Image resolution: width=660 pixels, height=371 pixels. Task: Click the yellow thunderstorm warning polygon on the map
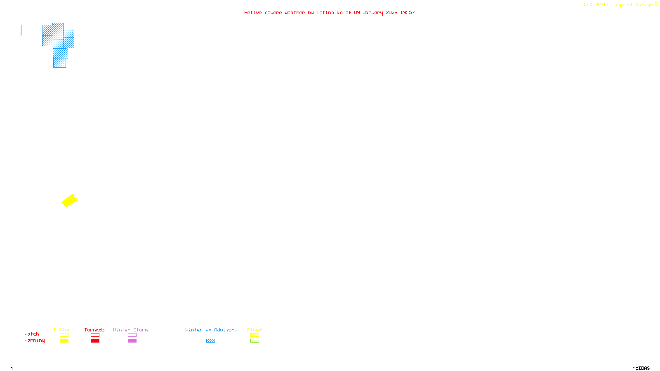point(69,201)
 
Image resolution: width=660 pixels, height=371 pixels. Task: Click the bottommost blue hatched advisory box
point(59,63)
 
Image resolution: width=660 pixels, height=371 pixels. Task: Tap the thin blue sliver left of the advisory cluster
point(21,30)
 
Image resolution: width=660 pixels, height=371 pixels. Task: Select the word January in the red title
point(372,12)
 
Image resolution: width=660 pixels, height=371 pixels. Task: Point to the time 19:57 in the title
point(407,12)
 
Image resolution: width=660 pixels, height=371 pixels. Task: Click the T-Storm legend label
point(64,330)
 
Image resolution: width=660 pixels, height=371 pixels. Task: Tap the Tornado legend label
point(94,330)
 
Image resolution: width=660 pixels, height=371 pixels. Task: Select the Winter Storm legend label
point(130,330)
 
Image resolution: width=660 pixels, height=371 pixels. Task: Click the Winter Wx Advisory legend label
point(211,330)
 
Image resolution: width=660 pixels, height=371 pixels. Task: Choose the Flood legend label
point(255,330)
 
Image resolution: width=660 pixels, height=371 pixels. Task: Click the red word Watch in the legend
point(32,334)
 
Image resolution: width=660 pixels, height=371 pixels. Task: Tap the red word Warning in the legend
point(35,340)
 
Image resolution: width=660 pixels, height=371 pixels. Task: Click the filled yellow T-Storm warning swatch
point(64,341)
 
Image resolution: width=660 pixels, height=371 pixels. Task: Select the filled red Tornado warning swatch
point(95,341)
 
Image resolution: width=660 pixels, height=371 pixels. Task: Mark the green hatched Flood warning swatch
point(255,341)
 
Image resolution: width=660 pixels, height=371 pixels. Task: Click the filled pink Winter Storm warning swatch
point(132,341)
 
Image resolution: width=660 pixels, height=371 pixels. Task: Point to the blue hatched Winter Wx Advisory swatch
point(210,341)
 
